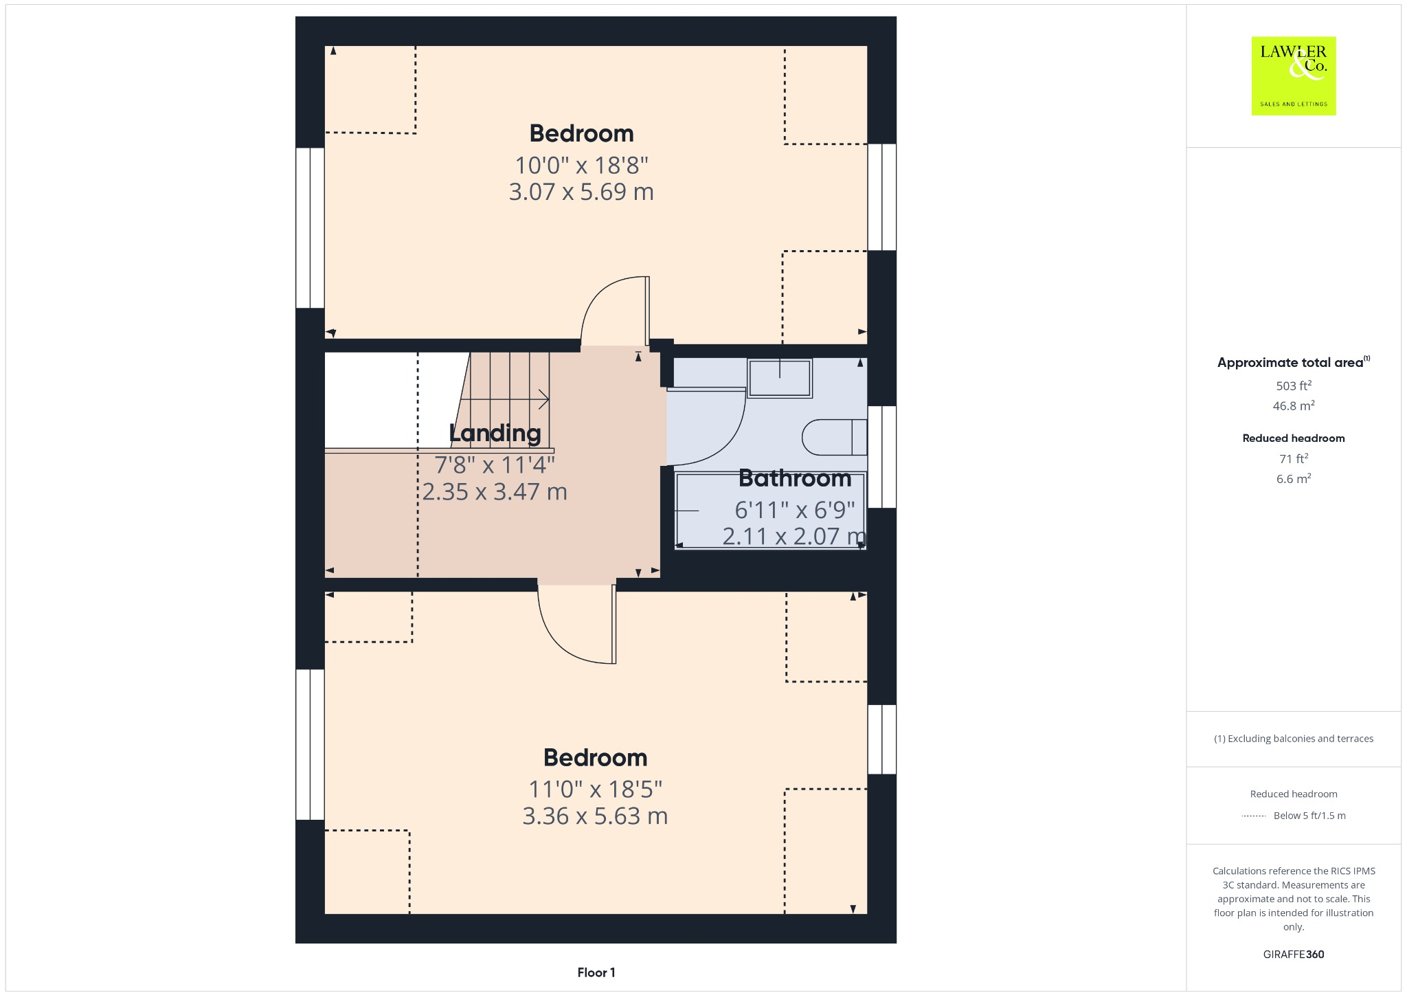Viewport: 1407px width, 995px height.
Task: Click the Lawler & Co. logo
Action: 1293,76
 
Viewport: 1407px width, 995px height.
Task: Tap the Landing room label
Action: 495,433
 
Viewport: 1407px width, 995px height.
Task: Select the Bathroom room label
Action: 795,478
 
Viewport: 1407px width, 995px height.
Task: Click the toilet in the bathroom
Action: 833,437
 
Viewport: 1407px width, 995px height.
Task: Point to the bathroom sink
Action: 780,378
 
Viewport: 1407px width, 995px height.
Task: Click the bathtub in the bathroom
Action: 769,510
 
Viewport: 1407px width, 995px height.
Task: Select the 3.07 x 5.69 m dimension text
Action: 581,192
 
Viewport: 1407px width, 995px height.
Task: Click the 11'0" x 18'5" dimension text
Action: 595,789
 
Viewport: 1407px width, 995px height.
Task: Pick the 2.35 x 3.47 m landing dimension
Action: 495,492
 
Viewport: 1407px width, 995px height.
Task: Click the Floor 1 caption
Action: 596,972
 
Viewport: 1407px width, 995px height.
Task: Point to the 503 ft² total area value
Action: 1293,385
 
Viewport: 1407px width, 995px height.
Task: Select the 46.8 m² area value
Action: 1293,405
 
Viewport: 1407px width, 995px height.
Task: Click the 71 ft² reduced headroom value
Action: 1293,458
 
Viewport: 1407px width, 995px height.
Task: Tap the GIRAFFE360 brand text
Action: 1293,954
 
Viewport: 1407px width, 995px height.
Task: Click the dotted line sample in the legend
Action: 1254,816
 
